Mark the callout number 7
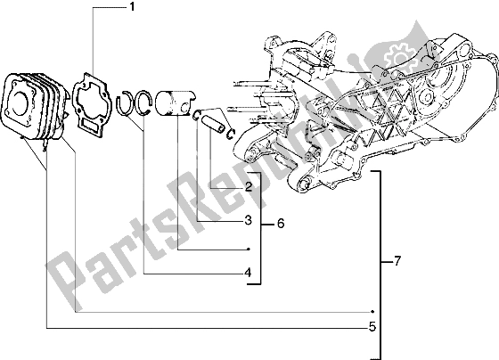click(x=397, y=263)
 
